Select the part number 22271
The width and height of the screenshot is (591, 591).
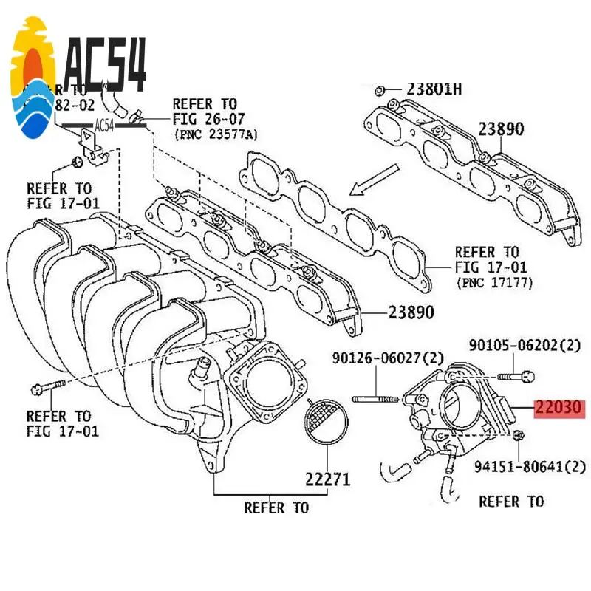point(327,478)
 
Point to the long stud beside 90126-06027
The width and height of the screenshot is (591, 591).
point(378,400)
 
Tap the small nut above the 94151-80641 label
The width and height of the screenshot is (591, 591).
point(517,437)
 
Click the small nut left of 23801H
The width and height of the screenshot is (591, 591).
point(379,91)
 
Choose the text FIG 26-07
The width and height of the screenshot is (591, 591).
point(208,119)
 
